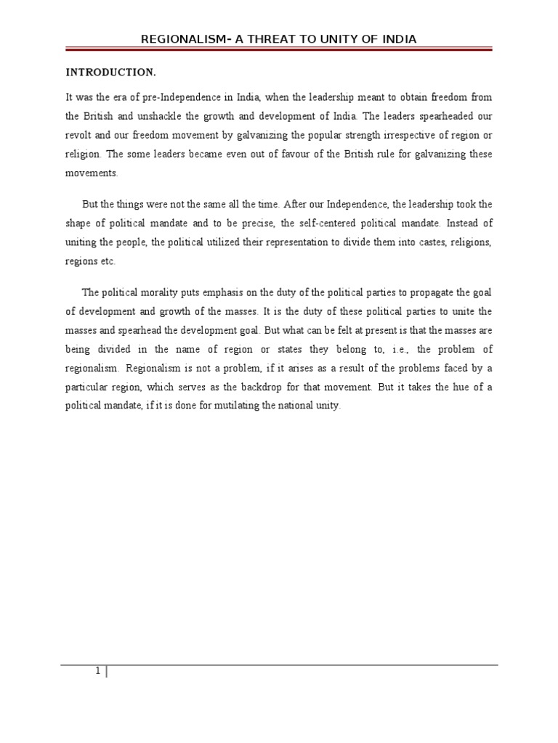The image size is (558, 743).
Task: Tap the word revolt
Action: click(x=78, y=134)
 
